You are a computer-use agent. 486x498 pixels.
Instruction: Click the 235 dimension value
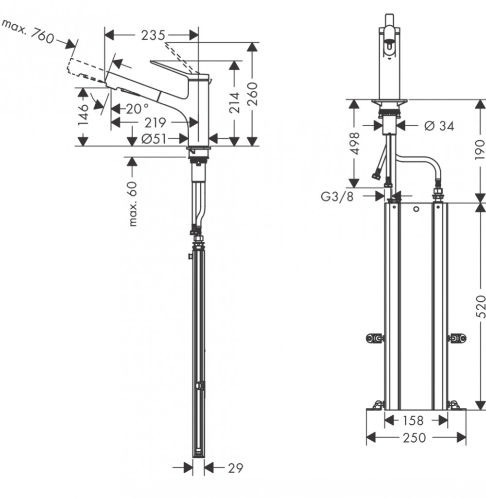coord(153,35)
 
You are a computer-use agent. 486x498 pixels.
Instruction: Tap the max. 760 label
coord(28,31)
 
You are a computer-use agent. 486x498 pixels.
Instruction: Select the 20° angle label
coord(137,109)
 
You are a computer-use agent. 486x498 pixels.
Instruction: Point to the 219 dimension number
coord(155,122)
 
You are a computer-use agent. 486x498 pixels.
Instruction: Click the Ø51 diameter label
coord(154,139)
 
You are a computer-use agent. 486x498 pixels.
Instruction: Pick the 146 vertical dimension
coord(83,115)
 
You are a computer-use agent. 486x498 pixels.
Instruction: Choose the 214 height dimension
coord(234,102)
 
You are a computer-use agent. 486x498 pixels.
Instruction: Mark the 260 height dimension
coord(252,94)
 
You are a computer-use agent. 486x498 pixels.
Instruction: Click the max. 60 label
coord(133,204)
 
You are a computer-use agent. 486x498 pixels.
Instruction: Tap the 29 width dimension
coord(236,468)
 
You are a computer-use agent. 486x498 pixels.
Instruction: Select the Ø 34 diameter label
coord(439,126)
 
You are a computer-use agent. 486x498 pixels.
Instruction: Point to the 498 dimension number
coord(354,143)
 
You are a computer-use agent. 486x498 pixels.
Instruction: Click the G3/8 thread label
coord(337,197)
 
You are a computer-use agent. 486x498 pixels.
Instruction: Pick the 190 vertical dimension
coord(480,150)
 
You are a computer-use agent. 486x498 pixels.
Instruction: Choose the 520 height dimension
coord(481,306)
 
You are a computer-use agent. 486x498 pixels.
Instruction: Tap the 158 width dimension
coord(413,420)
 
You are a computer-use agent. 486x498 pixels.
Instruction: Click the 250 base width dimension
coord(414,438)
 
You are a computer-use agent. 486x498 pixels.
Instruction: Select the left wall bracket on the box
coord(375,338)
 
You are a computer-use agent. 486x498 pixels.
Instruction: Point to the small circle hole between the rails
coord(416,209)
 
